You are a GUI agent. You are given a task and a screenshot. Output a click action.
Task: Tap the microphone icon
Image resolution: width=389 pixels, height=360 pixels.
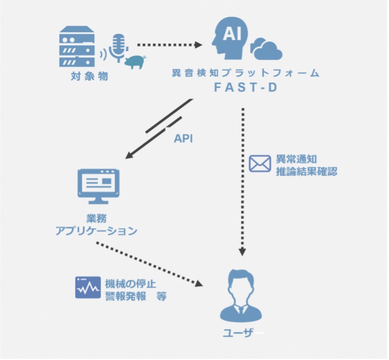(x=119, y=48)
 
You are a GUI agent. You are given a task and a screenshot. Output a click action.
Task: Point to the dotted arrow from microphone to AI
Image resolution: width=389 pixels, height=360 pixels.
(x=169, y=45)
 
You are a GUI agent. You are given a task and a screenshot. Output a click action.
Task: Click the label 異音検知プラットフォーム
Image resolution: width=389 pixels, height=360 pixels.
(x=246, y=73)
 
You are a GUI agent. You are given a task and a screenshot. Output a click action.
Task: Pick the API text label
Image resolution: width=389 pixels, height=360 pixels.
(x=183, y=138)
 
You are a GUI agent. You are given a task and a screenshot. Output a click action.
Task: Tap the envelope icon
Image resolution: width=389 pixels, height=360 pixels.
(x=260, y=163)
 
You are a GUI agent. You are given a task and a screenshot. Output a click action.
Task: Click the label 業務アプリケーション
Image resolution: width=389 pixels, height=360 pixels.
(x=97, y=224)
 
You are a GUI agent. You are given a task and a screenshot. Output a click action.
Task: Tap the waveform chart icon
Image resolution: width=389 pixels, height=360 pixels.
(x=87, y=288)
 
